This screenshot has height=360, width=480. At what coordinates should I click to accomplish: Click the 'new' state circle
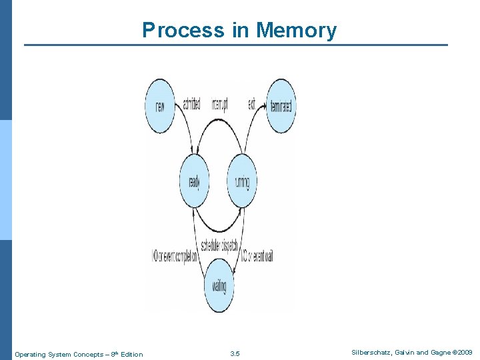pos(160,105)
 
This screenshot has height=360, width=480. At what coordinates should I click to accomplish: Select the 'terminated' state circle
pos(281,105)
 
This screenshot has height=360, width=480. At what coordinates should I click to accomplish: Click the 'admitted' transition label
pos(191,105)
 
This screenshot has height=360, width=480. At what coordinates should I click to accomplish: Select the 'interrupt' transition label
pos(220,105)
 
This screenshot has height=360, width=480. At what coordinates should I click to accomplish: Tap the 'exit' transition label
pos(251,105)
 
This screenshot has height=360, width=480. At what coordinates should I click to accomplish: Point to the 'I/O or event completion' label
pos(175,256)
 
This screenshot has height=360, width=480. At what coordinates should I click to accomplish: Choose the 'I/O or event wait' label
pos(257,256)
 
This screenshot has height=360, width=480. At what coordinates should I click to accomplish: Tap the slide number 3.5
pos(234,353)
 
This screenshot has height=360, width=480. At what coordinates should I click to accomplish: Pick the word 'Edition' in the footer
pos(131,354)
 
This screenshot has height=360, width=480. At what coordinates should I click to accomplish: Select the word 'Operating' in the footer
pos(30,354)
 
